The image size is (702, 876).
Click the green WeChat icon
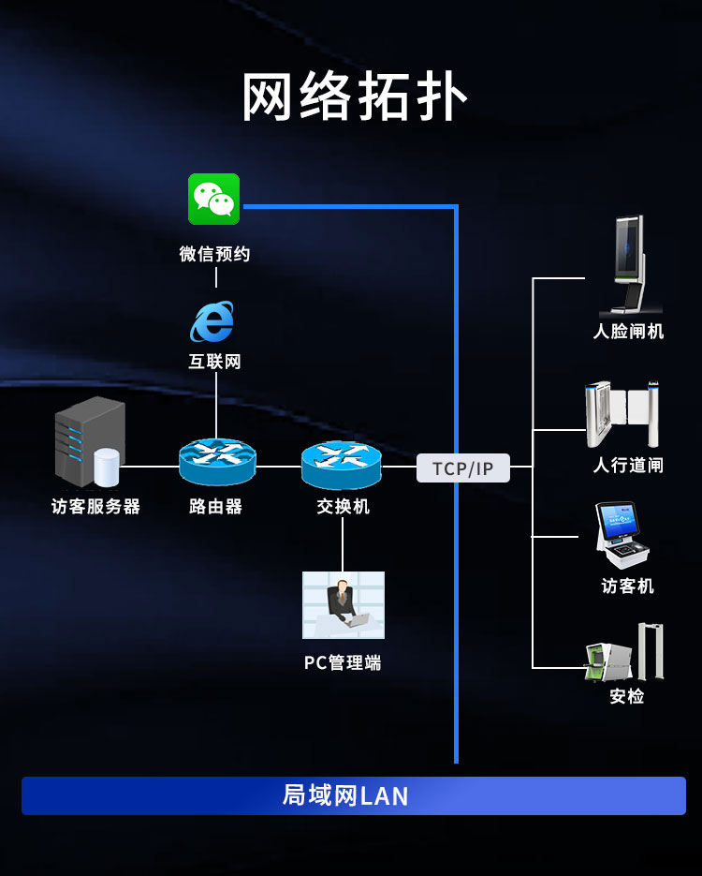[214, 199]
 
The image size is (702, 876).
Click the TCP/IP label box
[462, 468]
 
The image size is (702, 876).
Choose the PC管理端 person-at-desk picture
[343, 605]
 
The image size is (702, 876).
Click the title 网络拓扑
[354, 97]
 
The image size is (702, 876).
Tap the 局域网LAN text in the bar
[345, 795]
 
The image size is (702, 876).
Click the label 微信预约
[215, 254]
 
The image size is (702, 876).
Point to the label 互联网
[215, 362]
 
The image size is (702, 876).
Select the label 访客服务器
[95, 507]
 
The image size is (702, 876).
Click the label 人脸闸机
[628, 332]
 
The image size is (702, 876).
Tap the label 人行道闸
[628, 466]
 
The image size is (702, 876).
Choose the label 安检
[626, 696]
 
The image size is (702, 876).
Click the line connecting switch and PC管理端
[343, 543]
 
